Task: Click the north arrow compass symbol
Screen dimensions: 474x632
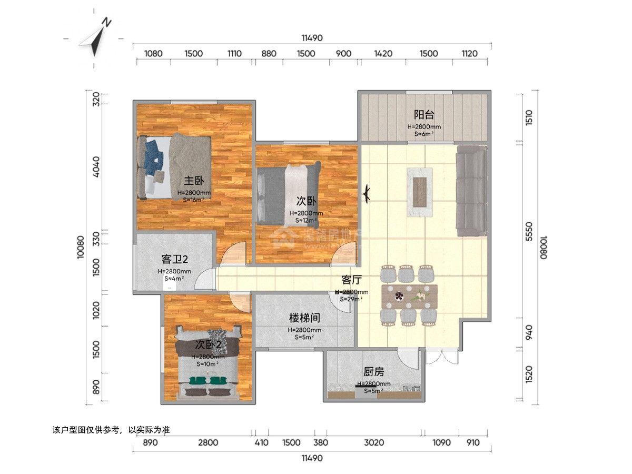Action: pyautogui.click(x=97, y=37)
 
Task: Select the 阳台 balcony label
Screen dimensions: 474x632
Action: pyautogui.click(x=423, y=115)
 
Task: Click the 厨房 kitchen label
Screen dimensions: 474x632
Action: pyautogui.click(x=373, y=371)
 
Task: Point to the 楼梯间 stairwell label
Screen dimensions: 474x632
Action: pyautogui.click(x=304, y=318)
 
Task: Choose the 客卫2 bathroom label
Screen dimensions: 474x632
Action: pyautogui.click(x=174, y=259)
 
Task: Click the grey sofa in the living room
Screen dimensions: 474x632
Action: pyautogui.click(x=471, y=191)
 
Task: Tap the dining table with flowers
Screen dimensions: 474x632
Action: pyautogui.click(x=410, y=297)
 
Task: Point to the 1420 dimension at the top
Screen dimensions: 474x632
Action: pyautogui.click(x=383, y=53)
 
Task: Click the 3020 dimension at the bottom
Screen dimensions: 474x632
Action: pyautogui.click(x=373, y=442)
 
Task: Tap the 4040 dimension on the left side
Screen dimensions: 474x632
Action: pyautogui.click(x=96, y=166)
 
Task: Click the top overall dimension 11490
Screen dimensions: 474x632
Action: pyautogui.click(x=312, y=38)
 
